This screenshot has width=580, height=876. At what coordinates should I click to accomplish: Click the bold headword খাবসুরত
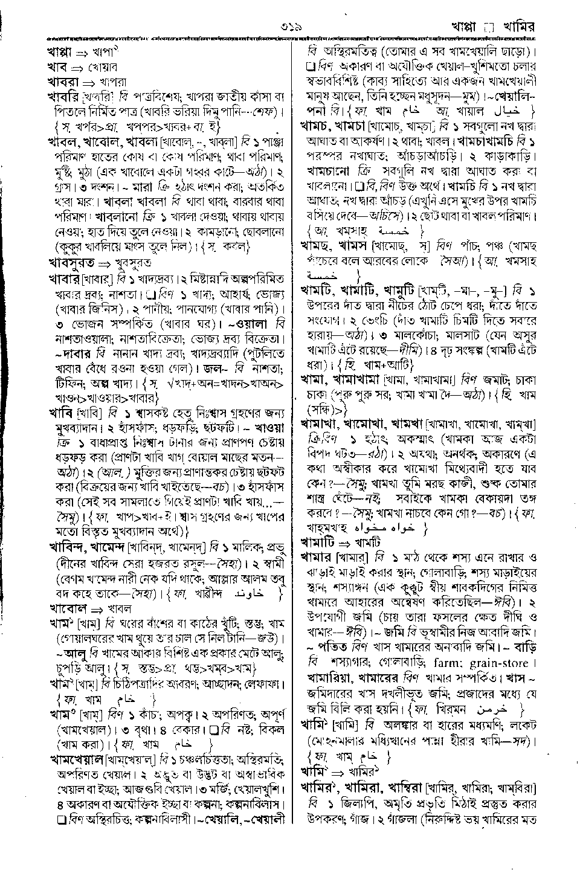[72, 263]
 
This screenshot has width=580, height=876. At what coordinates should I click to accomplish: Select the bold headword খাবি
[61, 413]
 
